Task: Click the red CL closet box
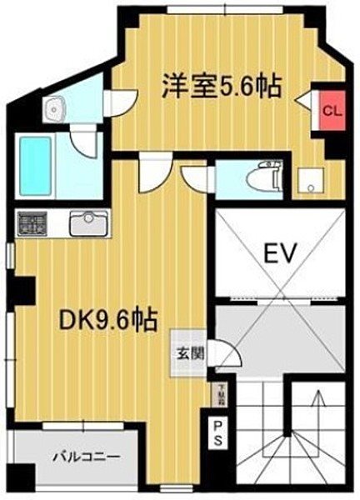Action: click(332, 109)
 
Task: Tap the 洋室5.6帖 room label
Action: click(222, 86)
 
